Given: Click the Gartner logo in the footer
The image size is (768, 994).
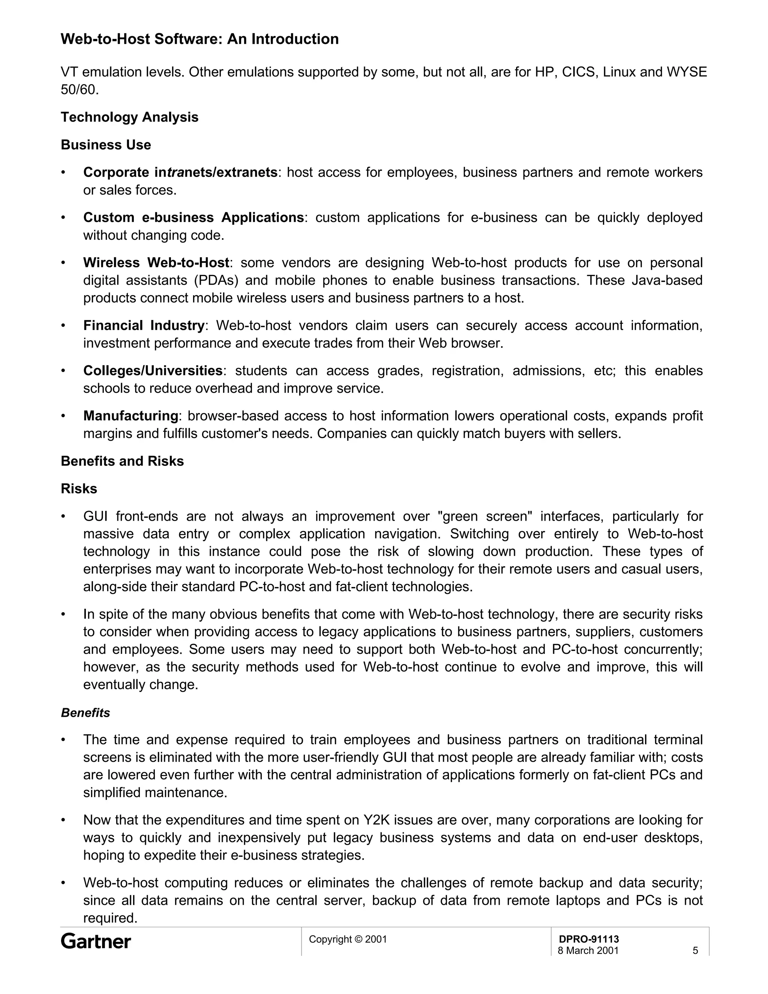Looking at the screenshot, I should pyautogui.click(x=96, y=941).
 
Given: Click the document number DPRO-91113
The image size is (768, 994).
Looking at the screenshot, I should pyautogui.click(x=589, y=939).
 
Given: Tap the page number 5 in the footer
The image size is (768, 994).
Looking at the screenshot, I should pyautogui.click(x=695, y=950).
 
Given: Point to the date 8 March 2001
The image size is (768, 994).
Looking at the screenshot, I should pyautogui.click(x=588, y=950).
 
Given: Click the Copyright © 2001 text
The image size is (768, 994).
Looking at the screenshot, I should pyautogui.click(x=348, y=939).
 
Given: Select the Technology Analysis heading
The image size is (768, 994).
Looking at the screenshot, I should pyautogui.click(x=130, y=117).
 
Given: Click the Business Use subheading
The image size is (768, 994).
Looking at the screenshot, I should pyautogui.click(x=106, y=145).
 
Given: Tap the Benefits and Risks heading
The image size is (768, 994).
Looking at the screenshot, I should pyautogui.click(x=122, y=461).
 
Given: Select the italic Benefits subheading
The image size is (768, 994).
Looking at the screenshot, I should pyautogui.click(x=85, y=713).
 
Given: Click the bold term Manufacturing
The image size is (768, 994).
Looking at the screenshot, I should pyautogui.click(x=130, y=416).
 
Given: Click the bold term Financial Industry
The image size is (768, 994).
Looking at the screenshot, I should pyautogui.click(x=144, y=326).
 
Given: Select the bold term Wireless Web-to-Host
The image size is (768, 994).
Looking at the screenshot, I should pyautogui.click(x=156, y=263).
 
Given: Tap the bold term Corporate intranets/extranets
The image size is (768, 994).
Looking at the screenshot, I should pyautogui.click(x=180, y=173).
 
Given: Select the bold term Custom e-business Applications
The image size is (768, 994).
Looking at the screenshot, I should pyautogui.click(x=193, y=218).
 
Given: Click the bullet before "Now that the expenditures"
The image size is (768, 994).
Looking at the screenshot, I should pyautogui.click(x=64, y=820).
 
